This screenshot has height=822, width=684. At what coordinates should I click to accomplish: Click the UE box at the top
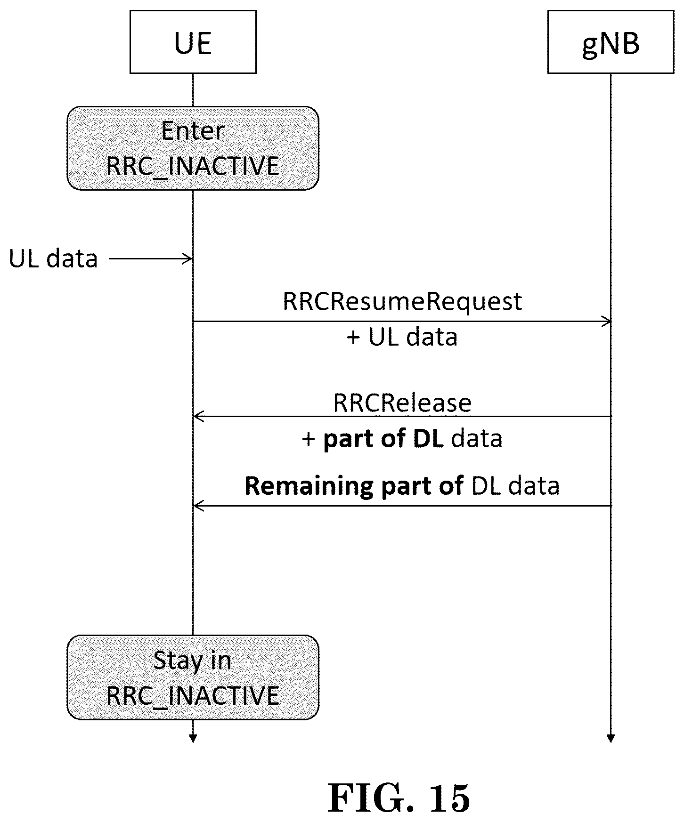[x=193, y=42]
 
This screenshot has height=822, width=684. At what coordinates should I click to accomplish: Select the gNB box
[x=611, y=42]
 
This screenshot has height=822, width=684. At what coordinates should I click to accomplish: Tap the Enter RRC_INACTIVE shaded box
[x=193, y=148]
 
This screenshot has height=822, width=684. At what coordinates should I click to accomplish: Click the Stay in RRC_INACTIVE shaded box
[x=193, y=677]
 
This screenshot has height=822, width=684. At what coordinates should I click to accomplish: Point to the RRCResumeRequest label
[x=402, y=302]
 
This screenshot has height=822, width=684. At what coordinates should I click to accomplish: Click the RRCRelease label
[x=402, y=403]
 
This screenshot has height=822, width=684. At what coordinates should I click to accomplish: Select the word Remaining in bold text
[x=309, y=486]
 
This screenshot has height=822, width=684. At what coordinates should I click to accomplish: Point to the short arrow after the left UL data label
[x=150, y=258]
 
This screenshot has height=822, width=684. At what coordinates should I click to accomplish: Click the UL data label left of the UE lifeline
[x=53, y=258]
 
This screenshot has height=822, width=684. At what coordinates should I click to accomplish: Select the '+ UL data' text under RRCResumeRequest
[x=402, y=337]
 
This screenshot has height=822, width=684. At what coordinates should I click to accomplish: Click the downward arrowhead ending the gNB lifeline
[x=611, y=739]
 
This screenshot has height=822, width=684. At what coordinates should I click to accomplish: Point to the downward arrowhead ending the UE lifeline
[x=193, y=739]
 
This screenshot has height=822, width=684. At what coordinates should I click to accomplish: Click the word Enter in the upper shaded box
[x=193, y=131]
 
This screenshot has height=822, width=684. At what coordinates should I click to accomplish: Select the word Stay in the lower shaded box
[x=171, y=661]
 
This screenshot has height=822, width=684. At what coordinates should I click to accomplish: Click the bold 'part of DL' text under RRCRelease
[x=383, y=439]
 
